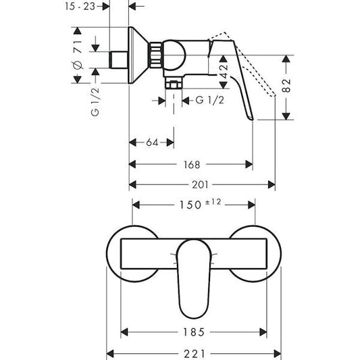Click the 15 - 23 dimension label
coord(80,7)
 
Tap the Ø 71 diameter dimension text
coord(78,55)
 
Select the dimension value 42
coord(223,71)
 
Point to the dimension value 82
coord(286,85)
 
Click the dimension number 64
coord(152,143)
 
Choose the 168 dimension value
coord(192,165)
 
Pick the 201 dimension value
coord(200,184)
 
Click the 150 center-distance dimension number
coord(190,205)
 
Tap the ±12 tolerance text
coord(213,202)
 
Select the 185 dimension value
coord(194,332)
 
